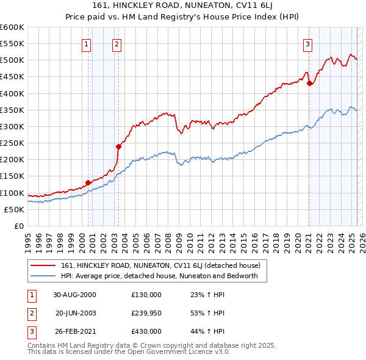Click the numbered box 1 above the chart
[87, 43]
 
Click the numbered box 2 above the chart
[116, 43]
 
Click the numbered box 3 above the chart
[308, 43]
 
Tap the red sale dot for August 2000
[88, 182]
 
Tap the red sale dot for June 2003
[119, 146]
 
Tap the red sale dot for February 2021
[309, 84]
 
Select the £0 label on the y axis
[18, 226]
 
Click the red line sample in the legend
[43, 265]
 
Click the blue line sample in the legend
[43, 276]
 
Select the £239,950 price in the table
[146, 313]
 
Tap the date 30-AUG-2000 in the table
[74, 295]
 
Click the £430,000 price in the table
[146, 331]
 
